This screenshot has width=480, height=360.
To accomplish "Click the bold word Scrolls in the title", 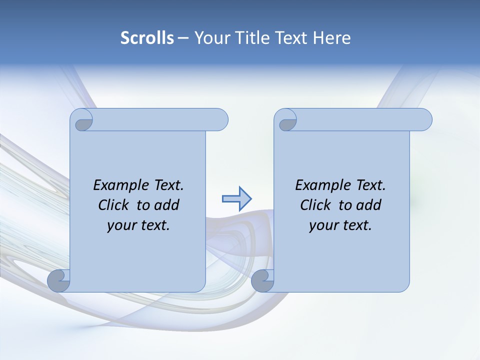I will tap(147, 38).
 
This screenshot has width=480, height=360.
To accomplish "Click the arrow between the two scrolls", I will tap(236, 198).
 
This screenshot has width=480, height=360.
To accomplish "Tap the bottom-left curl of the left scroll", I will tap(59, 280).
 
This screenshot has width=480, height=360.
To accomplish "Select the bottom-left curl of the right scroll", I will tap(262, 280).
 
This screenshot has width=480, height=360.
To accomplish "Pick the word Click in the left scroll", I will tap(113, 205).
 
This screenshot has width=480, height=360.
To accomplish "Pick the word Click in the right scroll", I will tap(315, 205).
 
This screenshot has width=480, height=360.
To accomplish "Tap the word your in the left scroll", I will tap(120, 225).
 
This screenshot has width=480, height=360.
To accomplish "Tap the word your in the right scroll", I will tap(322, 225).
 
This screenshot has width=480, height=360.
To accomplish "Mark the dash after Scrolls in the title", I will tap(183, 38).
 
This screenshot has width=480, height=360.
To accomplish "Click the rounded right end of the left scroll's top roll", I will tap(220, 119).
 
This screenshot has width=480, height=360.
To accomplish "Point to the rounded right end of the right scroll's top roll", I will tap(424, 119).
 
